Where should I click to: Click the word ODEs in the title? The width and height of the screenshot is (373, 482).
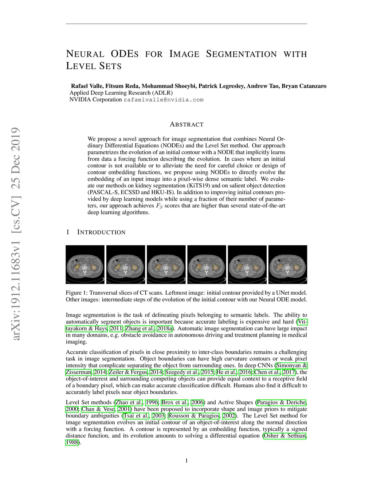124,54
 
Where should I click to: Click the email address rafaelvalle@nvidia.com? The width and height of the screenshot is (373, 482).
164,100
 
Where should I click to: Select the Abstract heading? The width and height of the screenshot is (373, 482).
186,124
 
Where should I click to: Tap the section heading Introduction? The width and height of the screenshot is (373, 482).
101,232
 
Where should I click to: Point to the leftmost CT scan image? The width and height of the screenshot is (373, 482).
85,264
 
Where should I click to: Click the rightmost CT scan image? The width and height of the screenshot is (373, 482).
288,264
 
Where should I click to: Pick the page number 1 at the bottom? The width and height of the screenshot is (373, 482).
186,461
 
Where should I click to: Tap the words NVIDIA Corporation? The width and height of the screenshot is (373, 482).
95,100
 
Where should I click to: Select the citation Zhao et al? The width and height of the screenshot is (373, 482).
129,402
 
